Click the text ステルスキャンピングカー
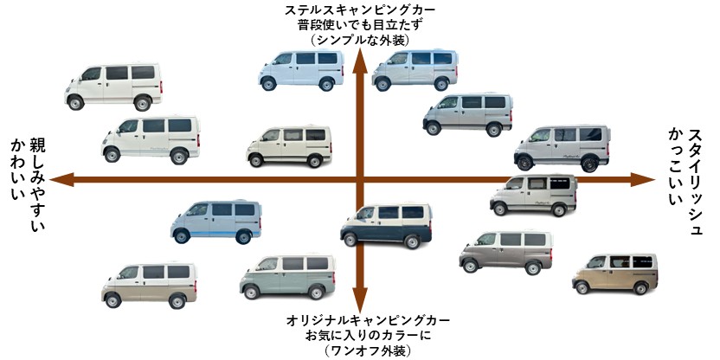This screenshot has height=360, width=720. tap(360, 10)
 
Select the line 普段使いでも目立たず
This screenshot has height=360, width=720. tap(360, 25)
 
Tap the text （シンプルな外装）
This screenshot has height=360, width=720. tap(360, 40)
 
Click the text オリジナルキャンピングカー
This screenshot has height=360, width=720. tap(360, 321)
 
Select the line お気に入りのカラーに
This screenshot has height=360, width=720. tap(360, 336)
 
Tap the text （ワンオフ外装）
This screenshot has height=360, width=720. tap(360, 350)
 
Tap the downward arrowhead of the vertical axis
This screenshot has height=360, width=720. tap(361, 305)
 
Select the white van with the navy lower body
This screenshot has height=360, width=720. tap(386, 227)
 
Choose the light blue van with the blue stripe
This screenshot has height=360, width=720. tap(215, 221)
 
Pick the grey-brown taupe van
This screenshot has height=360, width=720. tap(505, 251)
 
